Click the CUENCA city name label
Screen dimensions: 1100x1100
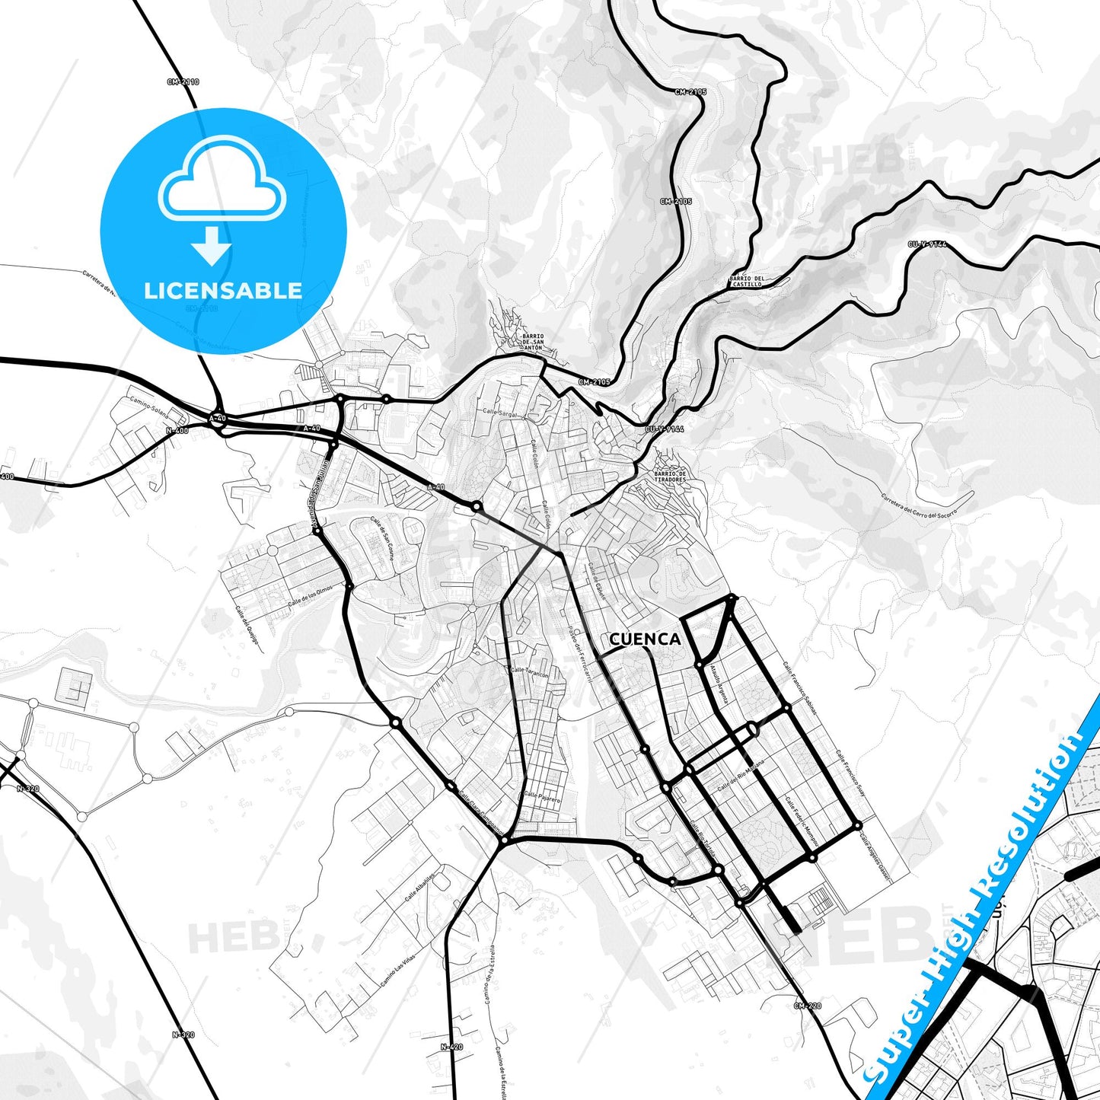[645, 639]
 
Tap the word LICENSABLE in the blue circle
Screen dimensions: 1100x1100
[223, 290]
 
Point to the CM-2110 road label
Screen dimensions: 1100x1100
[183, 81]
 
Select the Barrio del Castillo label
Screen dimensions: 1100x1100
[746, 282]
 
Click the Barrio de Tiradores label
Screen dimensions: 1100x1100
[670, 477]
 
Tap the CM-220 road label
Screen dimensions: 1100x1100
[807, 1006]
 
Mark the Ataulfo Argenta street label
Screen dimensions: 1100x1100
[719, 683]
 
